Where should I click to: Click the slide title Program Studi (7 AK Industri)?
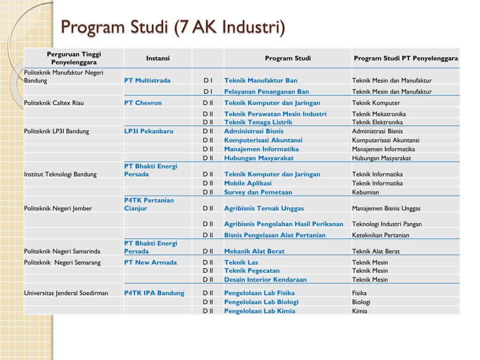[173, 27]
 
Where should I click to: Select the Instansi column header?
[158, 59]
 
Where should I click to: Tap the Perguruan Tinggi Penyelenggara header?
[74, 58]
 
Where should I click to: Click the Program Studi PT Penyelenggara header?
[406, 59]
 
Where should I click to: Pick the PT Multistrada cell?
[147, 81]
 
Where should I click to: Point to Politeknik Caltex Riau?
[54, 103]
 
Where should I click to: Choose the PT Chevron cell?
[143, 103]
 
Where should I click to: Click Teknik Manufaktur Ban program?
[261, 81]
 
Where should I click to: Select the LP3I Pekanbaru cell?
[149, 131]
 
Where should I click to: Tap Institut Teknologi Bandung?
[60, 174]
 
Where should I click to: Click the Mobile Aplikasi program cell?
[247, 183]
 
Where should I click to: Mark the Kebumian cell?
[366, 192]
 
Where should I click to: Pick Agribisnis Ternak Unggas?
[264, 209]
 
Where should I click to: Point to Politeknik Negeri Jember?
[58, 209]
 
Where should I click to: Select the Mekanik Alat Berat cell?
[254, 251]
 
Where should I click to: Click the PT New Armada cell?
[150, 262]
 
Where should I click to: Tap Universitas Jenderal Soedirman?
[66, 293]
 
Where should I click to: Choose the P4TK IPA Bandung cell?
[154, 293]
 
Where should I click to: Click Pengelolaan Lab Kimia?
[260, 311]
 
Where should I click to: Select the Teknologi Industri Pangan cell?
[387, 224]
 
